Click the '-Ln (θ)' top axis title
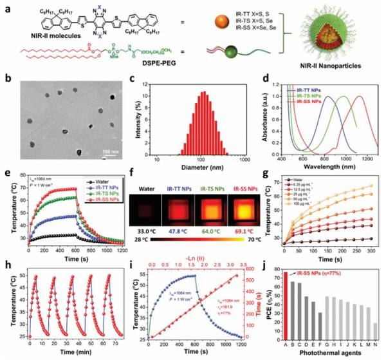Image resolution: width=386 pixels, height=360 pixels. (x=201, y=267)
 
